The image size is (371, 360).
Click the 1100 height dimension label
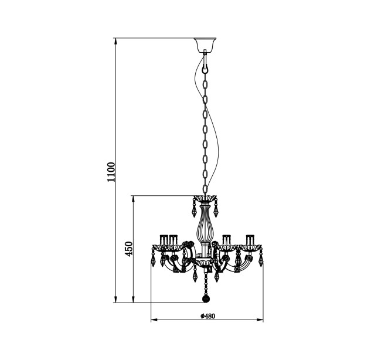point(111,172)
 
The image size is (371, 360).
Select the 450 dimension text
point(129,249)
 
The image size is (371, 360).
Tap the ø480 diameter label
point(207,316)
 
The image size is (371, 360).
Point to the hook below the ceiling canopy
point(205,62)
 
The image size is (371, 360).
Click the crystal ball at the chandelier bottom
point(206,299)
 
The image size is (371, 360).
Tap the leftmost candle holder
point(163,241)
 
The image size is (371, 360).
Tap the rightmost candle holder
point(249,241)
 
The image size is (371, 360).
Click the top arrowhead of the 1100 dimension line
point(115,41)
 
